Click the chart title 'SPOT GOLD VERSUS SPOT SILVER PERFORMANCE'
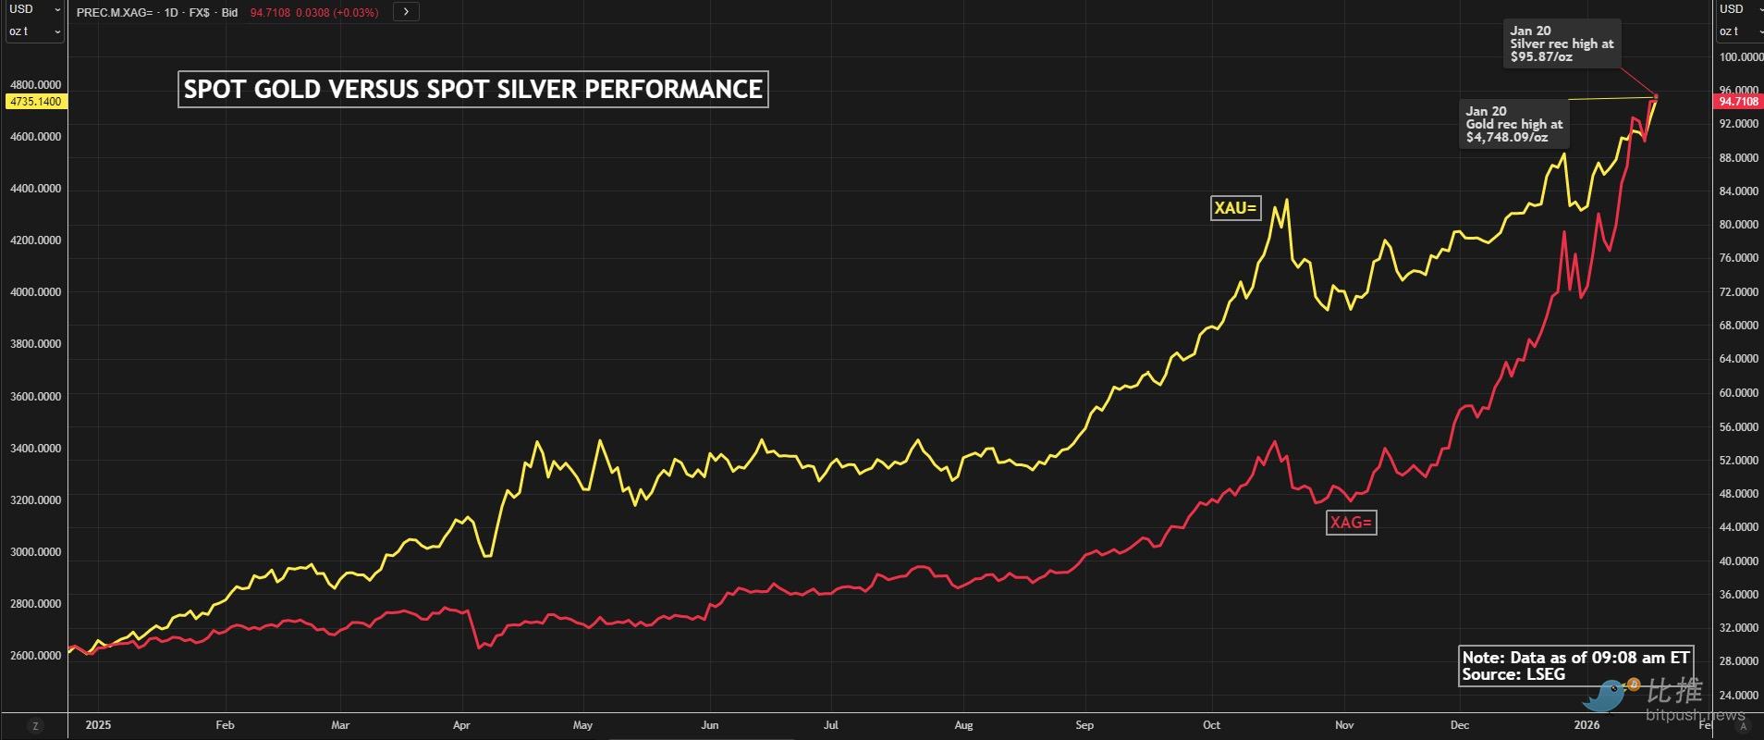(x=472, y=89)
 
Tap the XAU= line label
(x=1235, y=208)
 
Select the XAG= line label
(x=1351, y=523)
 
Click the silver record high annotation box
(x=1562, y=43)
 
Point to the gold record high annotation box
(x=1513, y=124)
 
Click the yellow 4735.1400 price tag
(x=35, y=102)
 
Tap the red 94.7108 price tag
(x=1739, y=102)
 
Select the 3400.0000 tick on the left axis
(x=35, y=449)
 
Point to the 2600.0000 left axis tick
(x=35, y=656)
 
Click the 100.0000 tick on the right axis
(x=1740, y=57)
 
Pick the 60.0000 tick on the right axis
(x=1738, y=393)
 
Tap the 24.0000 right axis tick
(x=1738, y=695)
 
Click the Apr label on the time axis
(x=461, y=725)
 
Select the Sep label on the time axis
(x=1084, y=725)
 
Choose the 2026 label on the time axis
(x=1586, y=725)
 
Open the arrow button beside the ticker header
(x=406, y=12)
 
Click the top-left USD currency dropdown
(x=34, y=9)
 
